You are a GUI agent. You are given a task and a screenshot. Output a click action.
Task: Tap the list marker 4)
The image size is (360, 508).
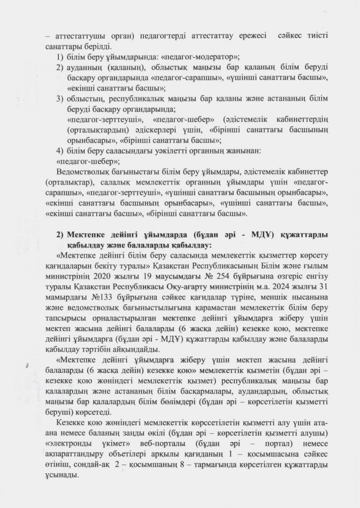click(x=60, y=150)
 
